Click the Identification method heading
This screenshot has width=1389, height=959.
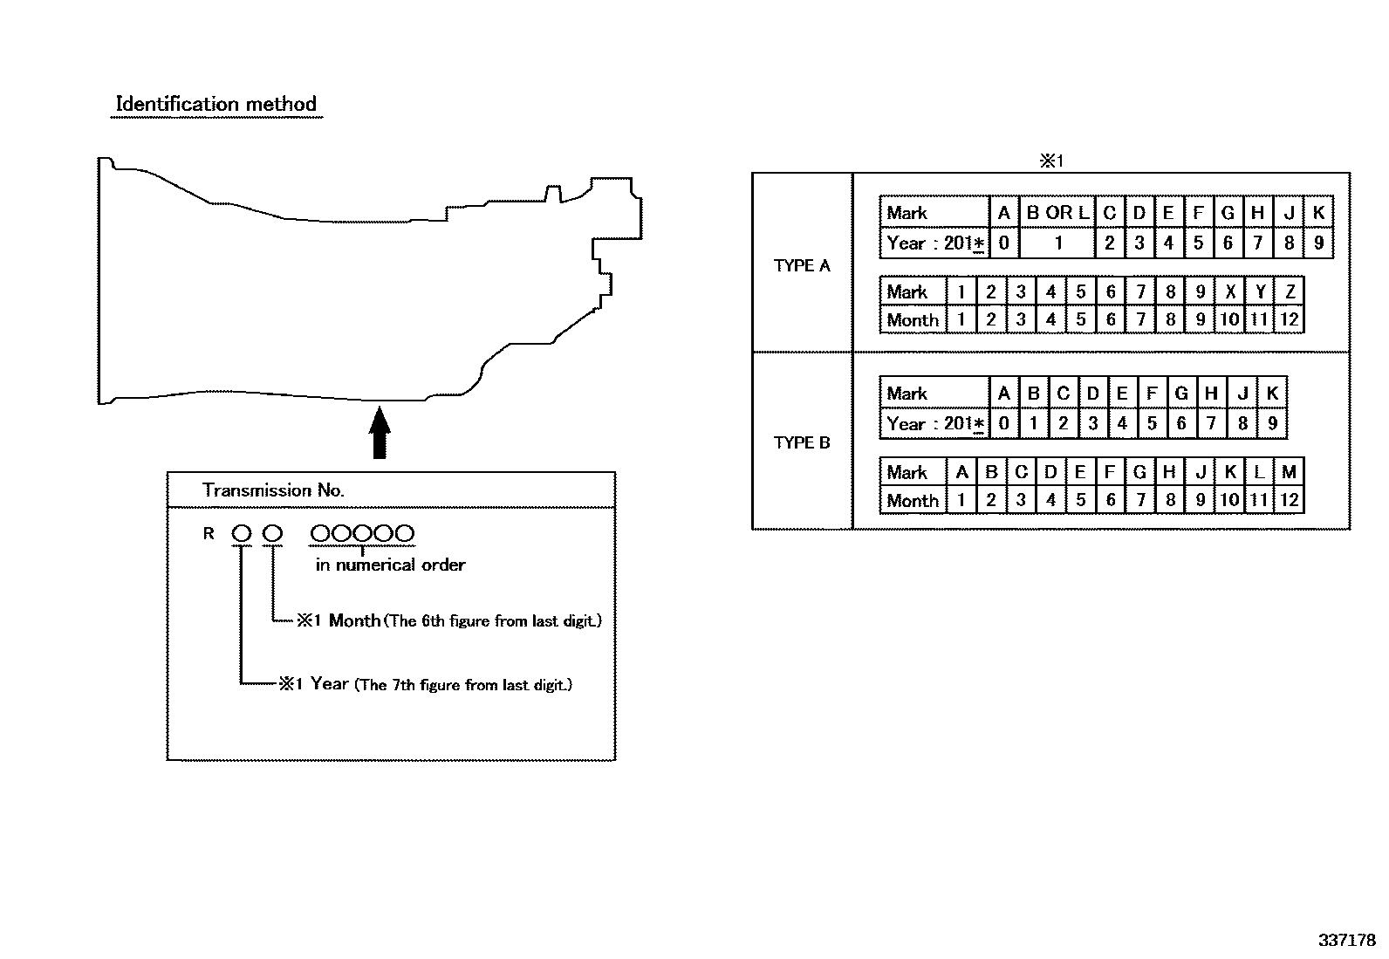(x=216, y=104)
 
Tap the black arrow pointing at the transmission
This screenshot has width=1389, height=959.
(x=380, y=432)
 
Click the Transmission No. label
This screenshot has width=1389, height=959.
(x=273, y=490)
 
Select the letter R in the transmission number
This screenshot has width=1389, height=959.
(x=209, y=533)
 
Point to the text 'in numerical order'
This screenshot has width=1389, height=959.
(x=390, y=565)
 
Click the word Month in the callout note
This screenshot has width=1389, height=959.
(x=354, y=620)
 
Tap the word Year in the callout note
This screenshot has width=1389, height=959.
(x=329, y=683)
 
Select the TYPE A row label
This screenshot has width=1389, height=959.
(x=801, y=265)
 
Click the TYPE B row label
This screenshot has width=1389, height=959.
(x=801, y=442)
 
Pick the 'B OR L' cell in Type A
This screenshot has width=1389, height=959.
(x=1057, y=213)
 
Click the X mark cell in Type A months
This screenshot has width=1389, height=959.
(x=1230, y=291)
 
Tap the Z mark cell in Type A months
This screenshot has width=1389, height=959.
(x=1290, y=291)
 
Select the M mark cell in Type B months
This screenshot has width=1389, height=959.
(x=1290, y=472)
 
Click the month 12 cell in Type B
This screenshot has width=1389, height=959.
(x=1290, y=500)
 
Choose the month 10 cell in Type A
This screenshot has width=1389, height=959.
(x=1230, y=319)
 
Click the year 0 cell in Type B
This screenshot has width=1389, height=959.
(x=1004, y=423)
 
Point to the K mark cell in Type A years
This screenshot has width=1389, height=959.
(x=1319, y=213)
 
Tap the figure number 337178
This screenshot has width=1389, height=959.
(x=1347, y=941)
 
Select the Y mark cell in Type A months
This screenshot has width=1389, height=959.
(x=1260, y=291)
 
